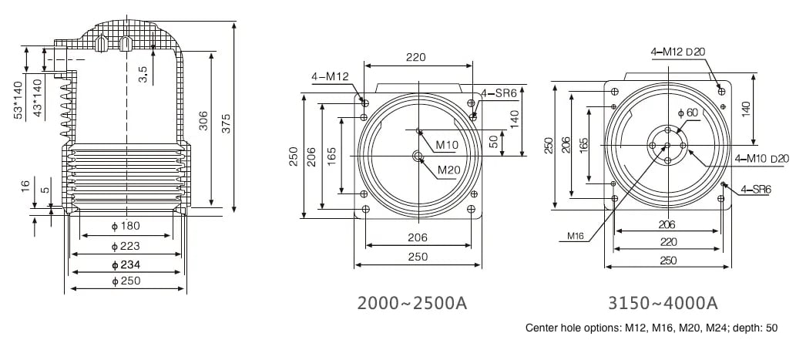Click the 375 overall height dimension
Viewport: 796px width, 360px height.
[227, 117]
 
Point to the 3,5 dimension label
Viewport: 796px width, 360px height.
[144, 74]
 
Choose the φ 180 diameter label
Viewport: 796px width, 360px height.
[126, 226]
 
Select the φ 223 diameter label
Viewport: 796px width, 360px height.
[126, 246]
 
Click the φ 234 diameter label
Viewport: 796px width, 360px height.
[126, 264]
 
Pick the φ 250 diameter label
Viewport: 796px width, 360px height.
[126, 281]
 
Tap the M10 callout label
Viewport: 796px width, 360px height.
[447, 145]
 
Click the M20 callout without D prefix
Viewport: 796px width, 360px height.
[449, 170]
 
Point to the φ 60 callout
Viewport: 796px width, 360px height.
[687, 113]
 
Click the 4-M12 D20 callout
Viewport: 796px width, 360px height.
[678, 52]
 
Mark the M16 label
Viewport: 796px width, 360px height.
[576, 236]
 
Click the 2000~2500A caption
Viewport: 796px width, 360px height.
[412, 302]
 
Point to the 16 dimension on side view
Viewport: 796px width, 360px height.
[25, 186]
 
